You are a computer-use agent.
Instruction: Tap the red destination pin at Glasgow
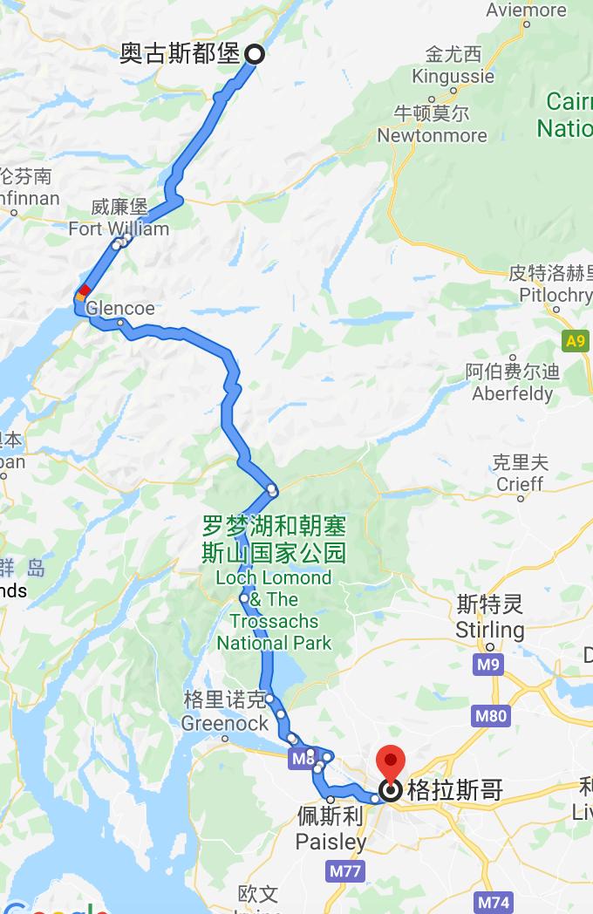389,765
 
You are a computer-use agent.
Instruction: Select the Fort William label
119,228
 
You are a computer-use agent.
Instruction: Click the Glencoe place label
120,308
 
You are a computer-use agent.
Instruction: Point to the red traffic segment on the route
85,290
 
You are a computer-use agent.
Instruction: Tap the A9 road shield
576,341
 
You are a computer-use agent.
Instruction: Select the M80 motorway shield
491,717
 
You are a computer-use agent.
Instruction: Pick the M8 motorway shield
303,759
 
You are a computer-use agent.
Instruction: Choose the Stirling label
490,629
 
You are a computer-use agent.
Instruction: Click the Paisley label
331,842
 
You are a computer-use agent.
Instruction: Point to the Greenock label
225,723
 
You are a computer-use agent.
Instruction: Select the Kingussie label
453,76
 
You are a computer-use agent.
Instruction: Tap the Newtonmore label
432,135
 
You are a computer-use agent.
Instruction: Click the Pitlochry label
556,295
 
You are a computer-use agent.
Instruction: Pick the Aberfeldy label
513,393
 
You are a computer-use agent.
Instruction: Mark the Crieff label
520,483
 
